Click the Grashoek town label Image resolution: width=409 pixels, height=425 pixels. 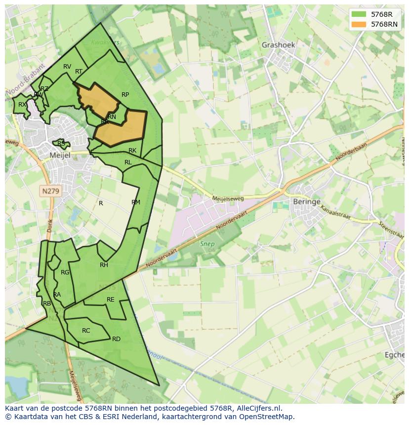[278, 45]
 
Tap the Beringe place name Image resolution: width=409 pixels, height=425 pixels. [307, 202]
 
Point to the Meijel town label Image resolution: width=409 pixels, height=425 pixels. [60, 155]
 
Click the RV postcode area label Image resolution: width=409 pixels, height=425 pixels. [67, 67]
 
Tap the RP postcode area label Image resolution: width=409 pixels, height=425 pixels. [125, 95]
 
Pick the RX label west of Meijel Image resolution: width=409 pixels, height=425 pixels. [22, 105]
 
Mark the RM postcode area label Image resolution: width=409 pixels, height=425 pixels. [136, 202]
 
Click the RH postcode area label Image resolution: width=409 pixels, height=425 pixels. [104, 265]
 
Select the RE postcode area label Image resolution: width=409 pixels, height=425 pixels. [111, 300]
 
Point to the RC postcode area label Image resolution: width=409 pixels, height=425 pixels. [86, 331]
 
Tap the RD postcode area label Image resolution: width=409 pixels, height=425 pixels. [116, 339]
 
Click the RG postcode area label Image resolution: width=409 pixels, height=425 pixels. [65, 272]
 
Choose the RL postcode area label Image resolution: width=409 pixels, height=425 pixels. [128, 162]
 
